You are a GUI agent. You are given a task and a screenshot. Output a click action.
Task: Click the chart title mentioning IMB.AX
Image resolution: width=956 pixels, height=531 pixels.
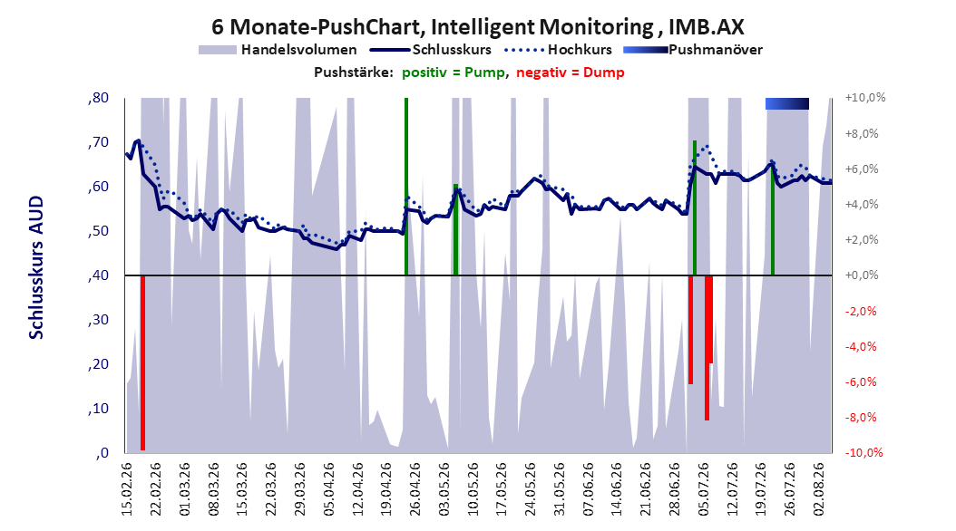(x=478, y=27)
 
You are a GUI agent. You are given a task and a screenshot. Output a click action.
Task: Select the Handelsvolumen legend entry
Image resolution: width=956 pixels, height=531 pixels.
(x=278, y=50)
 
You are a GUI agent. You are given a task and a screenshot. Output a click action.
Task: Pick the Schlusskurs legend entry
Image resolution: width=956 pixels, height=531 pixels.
(x=431, y=50)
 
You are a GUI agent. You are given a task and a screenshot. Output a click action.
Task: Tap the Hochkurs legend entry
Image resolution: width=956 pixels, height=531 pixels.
(x=557, y=50)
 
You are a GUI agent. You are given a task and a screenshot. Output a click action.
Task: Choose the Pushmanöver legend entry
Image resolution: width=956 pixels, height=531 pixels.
(x=693, y=50)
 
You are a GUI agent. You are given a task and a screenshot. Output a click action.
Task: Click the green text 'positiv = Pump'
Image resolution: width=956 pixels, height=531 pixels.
(x=453, y=72)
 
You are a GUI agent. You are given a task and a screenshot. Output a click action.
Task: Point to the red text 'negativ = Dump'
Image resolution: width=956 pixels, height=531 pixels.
(x=571, y=72)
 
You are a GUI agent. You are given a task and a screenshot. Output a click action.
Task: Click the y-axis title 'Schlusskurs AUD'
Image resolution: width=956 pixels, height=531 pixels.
(x=36, y=267)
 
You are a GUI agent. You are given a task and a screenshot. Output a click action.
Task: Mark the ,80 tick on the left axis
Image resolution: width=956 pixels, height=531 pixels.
(x=98, y=98)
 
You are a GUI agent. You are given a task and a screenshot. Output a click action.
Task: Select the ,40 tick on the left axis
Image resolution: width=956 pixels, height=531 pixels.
(x=98, y=275)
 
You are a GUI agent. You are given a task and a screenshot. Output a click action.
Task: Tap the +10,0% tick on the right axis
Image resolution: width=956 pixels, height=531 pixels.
(x=865, y=98)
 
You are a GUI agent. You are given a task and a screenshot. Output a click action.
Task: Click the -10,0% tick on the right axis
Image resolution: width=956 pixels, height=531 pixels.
(x=863, y=452)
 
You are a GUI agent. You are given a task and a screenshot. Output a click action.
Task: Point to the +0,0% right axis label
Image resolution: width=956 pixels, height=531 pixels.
(x=862, y=275)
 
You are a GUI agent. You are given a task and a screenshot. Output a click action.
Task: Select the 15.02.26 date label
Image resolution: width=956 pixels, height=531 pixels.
(x=127, y=489)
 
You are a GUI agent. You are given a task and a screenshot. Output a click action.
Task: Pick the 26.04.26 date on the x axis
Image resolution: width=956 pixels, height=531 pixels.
(x=415, y=489)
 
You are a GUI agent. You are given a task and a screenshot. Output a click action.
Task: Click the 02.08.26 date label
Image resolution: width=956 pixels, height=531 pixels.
(x=819, y=489)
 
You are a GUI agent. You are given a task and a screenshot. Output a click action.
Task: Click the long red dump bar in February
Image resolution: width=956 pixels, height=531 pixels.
(x=142, y=363)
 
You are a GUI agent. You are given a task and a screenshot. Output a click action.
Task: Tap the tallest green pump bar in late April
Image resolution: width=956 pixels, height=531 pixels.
(x=406, y=187)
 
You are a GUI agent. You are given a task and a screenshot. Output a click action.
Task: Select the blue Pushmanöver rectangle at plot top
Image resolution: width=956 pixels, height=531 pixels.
(x=787, y=103)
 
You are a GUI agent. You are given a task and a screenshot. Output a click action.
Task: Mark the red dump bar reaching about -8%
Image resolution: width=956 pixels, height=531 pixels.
(x=707, y=348)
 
